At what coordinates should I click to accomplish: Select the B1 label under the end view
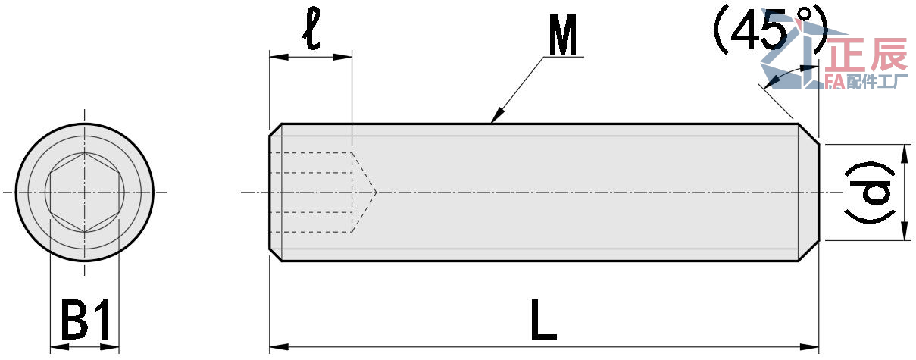pyautogui.click(x=86, y=321)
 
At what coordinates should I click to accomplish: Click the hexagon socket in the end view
pyautogui.click(x=83, y=193)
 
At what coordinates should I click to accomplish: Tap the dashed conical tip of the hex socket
pyautogui.click(x=365, y=193)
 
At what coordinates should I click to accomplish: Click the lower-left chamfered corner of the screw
pyautogui.click(x=276, y=255)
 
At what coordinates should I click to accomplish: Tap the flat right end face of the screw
pyautogui.click(x=819, y=193)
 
